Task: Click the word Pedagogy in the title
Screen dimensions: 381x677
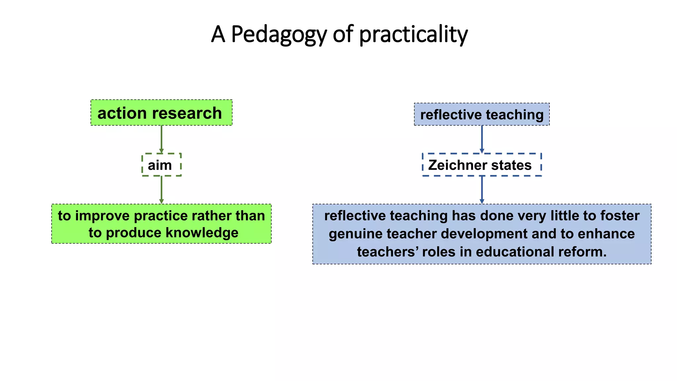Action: coord(279,34)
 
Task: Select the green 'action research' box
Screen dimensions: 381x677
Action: coord(161,113)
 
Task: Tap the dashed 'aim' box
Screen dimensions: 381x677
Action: coord(161,165)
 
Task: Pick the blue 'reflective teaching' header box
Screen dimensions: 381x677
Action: coord(482,114)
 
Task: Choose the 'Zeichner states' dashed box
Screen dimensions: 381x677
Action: coord(482,165)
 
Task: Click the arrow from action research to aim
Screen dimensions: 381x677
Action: coord(161,139)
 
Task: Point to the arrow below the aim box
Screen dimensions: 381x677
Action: coord(161,190)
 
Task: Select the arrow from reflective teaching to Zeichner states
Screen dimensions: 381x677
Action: coord(482,139)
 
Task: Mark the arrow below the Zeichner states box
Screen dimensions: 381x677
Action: coord(482,190)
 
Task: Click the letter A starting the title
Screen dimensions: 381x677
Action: coord(218,34)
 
